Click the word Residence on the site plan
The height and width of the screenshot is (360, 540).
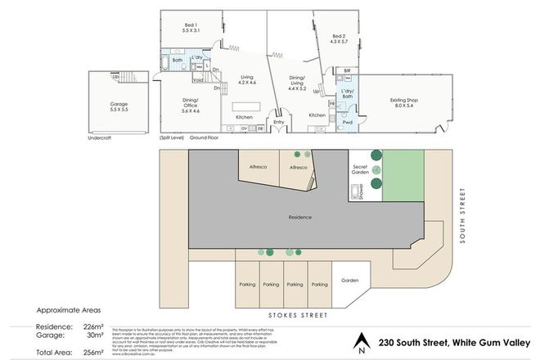[302, 217]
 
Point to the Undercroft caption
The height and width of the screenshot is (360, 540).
[98, 137]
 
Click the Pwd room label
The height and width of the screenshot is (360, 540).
[348, 123]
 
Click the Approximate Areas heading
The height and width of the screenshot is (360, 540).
[70, 312]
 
